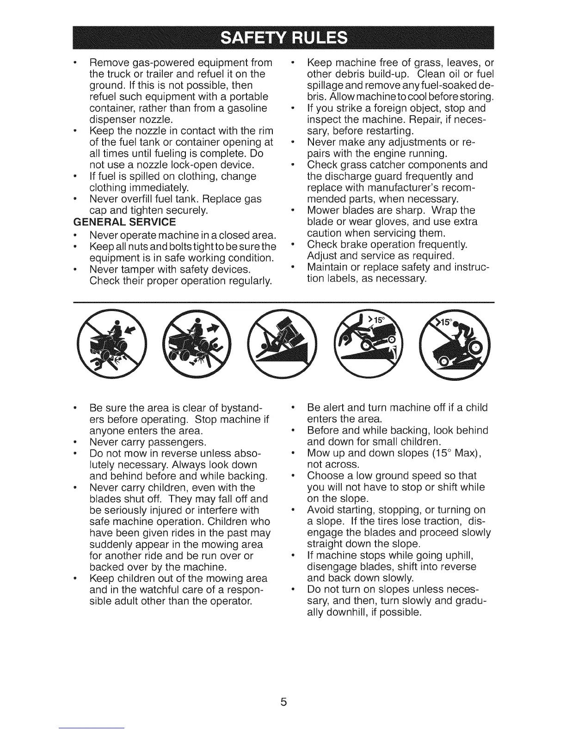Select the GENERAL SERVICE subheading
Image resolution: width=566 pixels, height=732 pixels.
[125, 222]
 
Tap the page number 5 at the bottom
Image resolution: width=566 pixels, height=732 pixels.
[283, 701]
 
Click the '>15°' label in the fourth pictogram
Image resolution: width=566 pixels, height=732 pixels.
[379, 321]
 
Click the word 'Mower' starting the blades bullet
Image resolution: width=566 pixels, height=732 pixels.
[323, 210]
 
